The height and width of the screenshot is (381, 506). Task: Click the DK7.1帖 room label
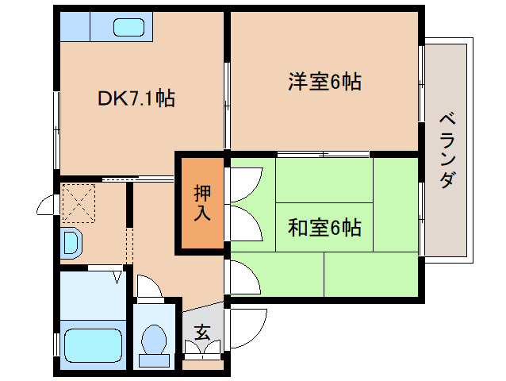click(x=136, y=98)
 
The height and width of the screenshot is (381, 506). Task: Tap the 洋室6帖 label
click(x=324, y=81)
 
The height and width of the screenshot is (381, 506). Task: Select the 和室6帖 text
click(x=324, y=228)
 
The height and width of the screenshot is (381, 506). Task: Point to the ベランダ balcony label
click(x=447, y=151)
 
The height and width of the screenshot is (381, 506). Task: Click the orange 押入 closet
click(x=201, y=203)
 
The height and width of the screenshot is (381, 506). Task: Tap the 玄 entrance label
click(x=202, y=333)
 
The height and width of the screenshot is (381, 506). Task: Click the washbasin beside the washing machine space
click(x=70, y=242)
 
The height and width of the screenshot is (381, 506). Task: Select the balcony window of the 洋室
click(x=421, y=79)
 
